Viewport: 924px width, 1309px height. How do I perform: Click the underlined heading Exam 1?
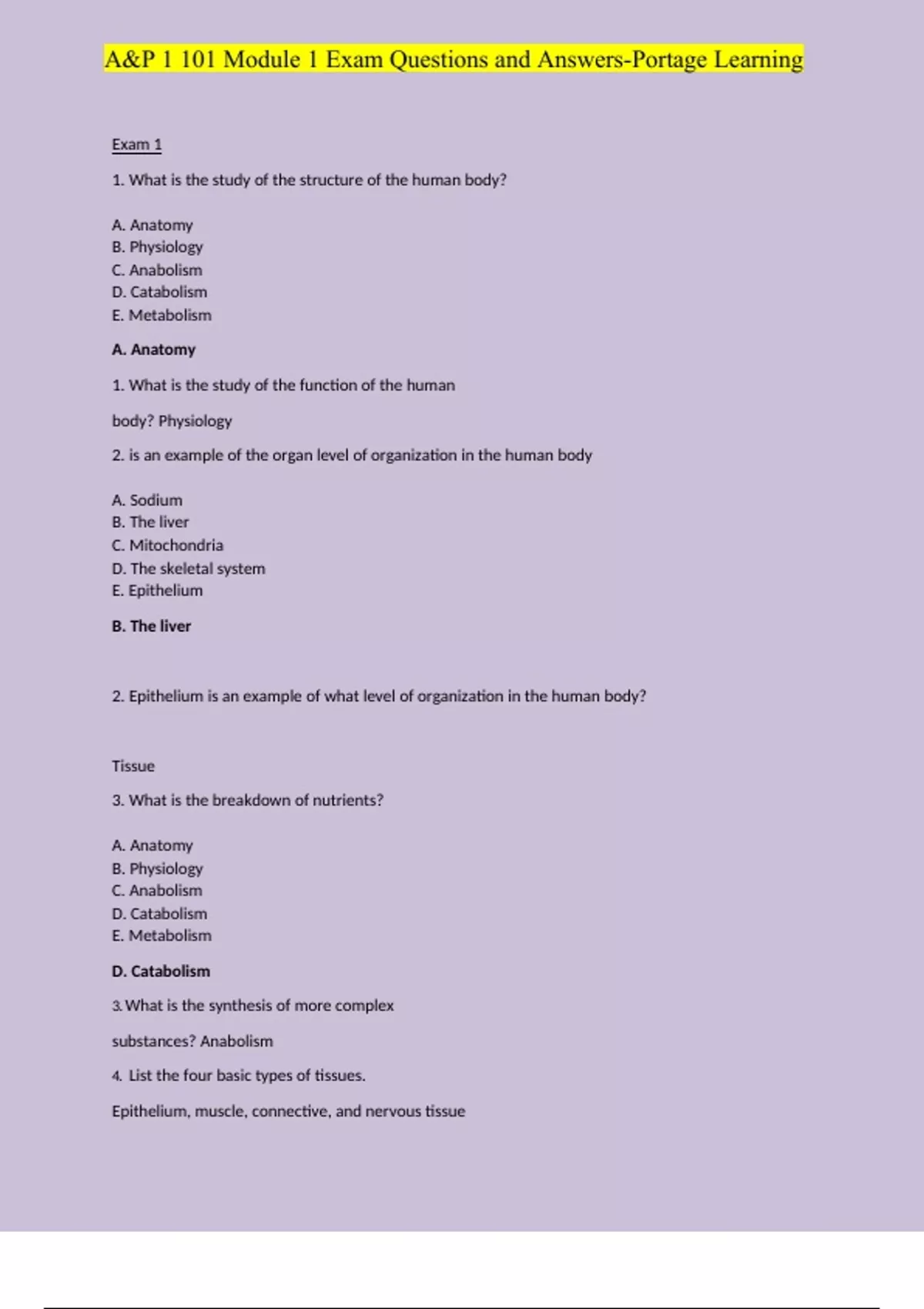click(136, 145)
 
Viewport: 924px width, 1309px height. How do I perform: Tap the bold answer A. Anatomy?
click(153, 350)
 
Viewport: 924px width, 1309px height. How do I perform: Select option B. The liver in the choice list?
click(150, 522)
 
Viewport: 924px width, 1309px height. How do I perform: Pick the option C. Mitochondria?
click(167, 545)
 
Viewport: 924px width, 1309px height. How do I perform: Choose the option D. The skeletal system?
click(188, 568)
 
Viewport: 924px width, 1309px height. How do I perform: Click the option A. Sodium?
click(147, 500)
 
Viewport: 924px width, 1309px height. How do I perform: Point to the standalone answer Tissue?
click(133, 766)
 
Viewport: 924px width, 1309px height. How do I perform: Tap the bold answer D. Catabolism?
click(160, 971)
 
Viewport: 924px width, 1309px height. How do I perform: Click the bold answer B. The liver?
click(151, 626)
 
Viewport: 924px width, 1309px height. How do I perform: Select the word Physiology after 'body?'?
click(195, 421)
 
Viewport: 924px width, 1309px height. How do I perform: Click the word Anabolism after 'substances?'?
click(236, 1041)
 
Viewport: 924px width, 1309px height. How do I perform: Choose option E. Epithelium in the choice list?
click(157, 591)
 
